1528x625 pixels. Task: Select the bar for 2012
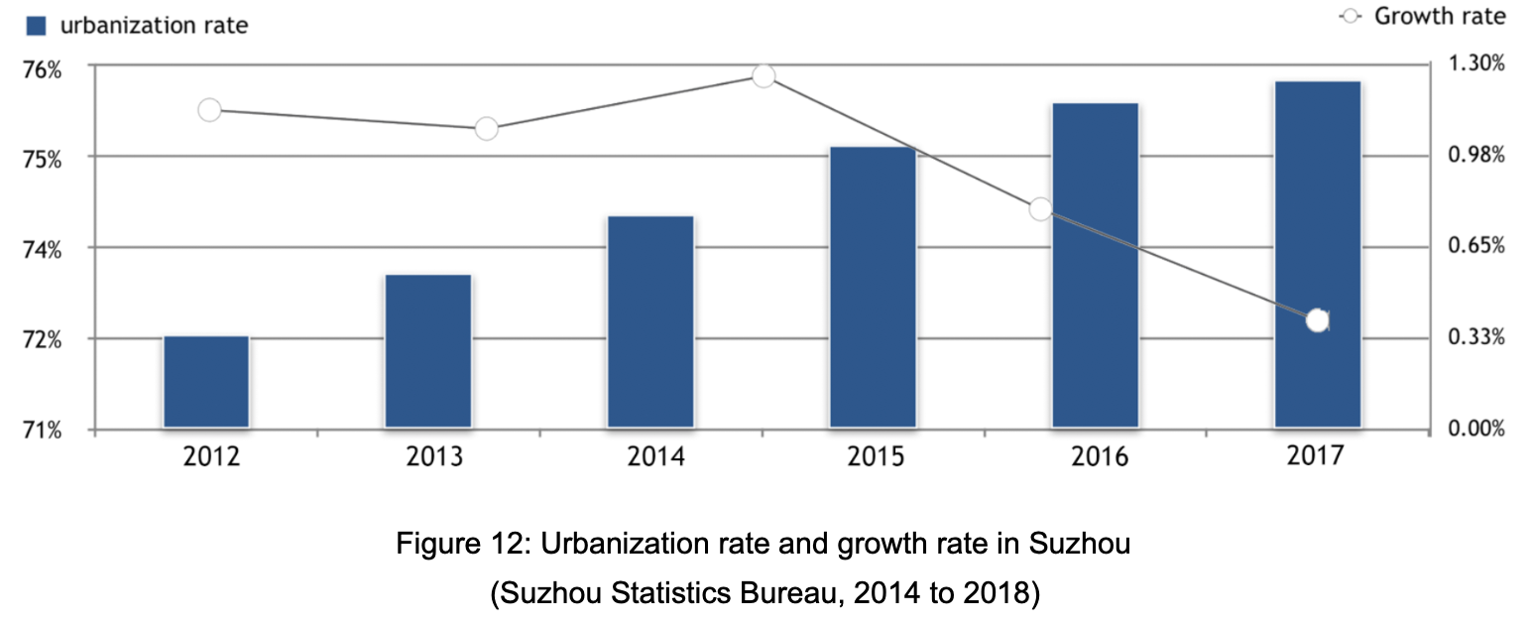(x=206, y=382)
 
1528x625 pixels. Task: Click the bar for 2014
(x=650, y=321)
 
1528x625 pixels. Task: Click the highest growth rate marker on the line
(x=763, y=76)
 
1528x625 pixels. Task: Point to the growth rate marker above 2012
(x=209, y=110)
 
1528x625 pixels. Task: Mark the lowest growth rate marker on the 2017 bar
(x=1317, y=320)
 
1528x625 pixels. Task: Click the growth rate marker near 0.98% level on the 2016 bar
(x=1040, y=209)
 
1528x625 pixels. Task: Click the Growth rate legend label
(x=1439, y=16)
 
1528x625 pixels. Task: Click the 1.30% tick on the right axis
(x=1475, y=63)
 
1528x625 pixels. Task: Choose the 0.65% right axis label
(x=1475, y=246)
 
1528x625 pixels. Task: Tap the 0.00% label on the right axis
(x=1475, y=429)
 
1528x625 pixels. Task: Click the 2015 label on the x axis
(x=876, y=457)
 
